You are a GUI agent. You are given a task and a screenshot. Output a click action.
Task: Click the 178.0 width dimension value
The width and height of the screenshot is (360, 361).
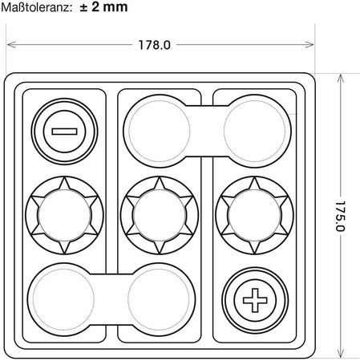coord(154,45)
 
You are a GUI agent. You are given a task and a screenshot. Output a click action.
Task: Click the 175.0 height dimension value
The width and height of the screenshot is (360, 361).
coord(340,216)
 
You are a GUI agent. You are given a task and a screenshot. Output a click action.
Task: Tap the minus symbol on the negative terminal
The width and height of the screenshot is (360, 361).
coord(64,132)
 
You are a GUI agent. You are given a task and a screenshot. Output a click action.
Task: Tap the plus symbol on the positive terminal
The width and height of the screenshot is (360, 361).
coord(255,300)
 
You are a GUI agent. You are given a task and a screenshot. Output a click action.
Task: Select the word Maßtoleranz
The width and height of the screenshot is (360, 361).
coord(37,7)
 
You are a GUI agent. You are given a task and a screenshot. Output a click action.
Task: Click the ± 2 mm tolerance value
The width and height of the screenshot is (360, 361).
coord(103,6)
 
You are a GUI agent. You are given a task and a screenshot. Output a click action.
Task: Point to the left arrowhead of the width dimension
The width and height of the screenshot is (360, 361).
coord(12,44)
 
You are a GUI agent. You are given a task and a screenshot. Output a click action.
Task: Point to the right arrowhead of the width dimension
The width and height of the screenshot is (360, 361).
coord(309,44)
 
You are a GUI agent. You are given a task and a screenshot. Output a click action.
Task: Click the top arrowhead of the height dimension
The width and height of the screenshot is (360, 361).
coord(340,79)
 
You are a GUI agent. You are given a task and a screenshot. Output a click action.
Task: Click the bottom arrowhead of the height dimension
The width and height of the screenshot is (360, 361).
coord(340,352)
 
